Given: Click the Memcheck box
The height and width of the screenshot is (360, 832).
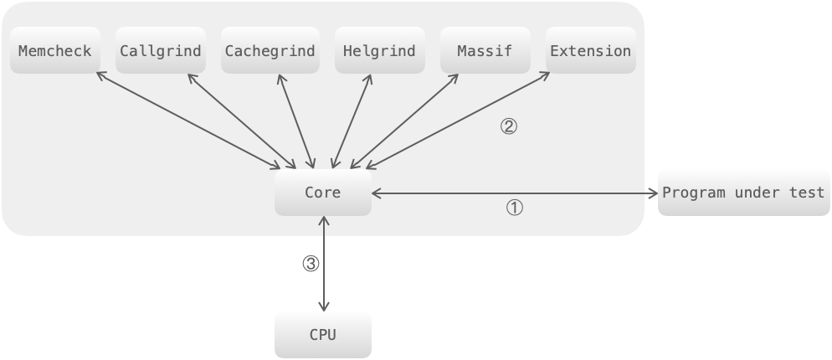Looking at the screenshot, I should click(x=55, y=51).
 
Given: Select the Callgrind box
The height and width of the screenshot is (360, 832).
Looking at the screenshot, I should click(x=161, y=51).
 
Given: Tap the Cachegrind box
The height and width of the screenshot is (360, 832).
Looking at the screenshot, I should click(x=270, y=51).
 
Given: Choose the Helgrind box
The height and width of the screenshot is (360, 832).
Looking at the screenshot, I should click(x=379, y=51).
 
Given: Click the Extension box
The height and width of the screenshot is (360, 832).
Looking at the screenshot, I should click(x=590, y=51).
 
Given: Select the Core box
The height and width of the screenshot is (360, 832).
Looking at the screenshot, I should click(x=322, y=193).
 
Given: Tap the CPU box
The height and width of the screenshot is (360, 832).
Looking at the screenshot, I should click(x=322, y=335).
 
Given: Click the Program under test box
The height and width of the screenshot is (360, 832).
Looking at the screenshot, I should click(x=743, y=193).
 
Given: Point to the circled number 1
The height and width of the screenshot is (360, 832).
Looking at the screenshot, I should click(x=515, y=208).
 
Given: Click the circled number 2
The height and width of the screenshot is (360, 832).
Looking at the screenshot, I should click(x=508, y=127).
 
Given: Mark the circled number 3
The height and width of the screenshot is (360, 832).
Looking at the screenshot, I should click(x=311, y=264).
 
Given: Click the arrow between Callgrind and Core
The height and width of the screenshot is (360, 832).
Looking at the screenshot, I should click(x=241, y=121).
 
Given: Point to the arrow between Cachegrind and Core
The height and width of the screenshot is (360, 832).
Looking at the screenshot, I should click(x=294, y=121).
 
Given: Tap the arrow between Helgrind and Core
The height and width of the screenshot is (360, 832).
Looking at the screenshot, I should click(x=352, y=121).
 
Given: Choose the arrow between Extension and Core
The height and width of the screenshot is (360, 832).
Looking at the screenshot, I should click(x=456, y=121).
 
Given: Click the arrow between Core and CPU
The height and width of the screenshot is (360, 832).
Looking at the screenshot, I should click(x=323, y=264).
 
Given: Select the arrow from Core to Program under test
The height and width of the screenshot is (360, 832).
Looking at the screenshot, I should click(x=515, y=193).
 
